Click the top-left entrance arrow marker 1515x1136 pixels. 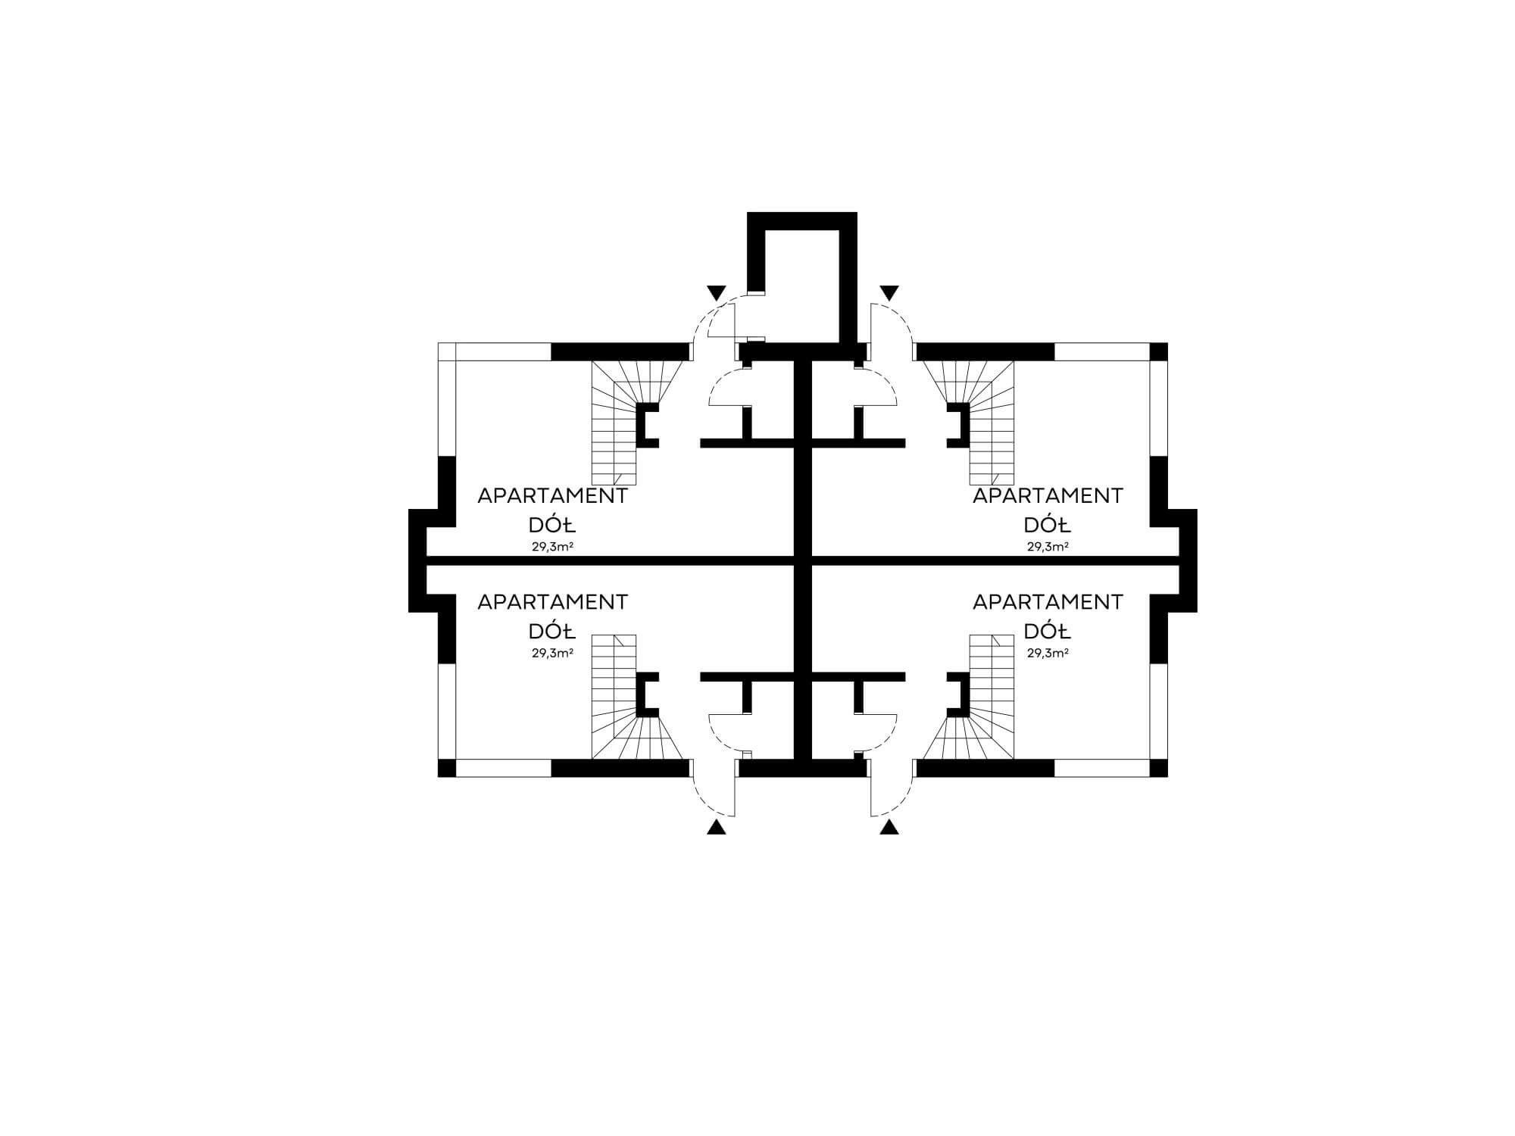click(x=716, y=292)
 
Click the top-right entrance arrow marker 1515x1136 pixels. click(x=889, y=292)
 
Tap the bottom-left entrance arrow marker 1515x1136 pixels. click(x=716, y=827)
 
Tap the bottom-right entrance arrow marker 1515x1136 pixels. click(x=889, y=827)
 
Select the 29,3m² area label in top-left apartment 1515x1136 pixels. click(x=551, y=546)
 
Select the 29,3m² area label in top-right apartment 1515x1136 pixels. click(x=1048, y=546)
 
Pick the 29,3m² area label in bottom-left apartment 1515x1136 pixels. click(x=551, y=652)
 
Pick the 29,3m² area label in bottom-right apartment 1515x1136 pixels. click(x=1048, y=652)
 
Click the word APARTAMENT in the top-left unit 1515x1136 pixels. click(x=552, y=496)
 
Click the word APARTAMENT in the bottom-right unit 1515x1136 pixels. click(x=1048, y=602)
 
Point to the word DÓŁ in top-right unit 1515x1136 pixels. click(x=1048, y=525)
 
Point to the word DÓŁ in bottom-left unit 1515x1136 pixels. click(x=552, y=631)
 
